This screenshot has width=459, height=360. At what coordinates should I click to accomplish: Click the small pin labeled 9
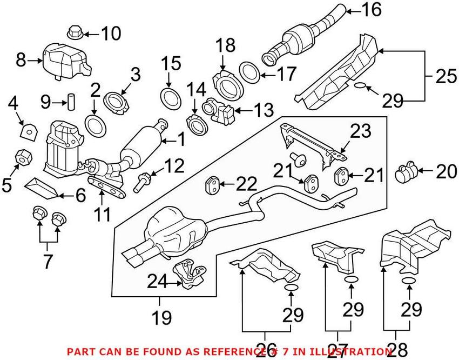pyautogui.click(x=70, y=101)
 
